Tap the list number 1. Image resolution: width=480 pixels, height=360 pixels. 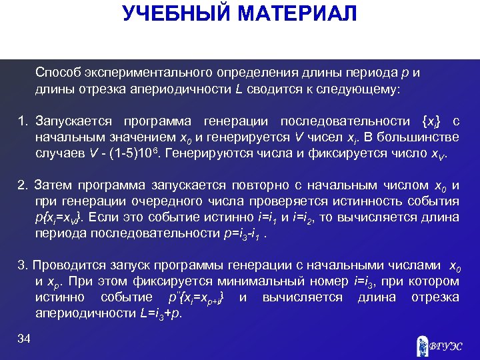23,121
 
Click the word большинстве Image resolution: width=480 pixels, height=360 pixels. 423,137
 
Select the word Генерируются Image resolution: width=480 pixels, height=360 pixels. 200,153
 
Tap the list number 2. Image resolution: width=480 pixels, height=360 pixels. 23,185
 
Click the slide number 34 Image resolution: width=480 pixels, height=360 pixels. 25,340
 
